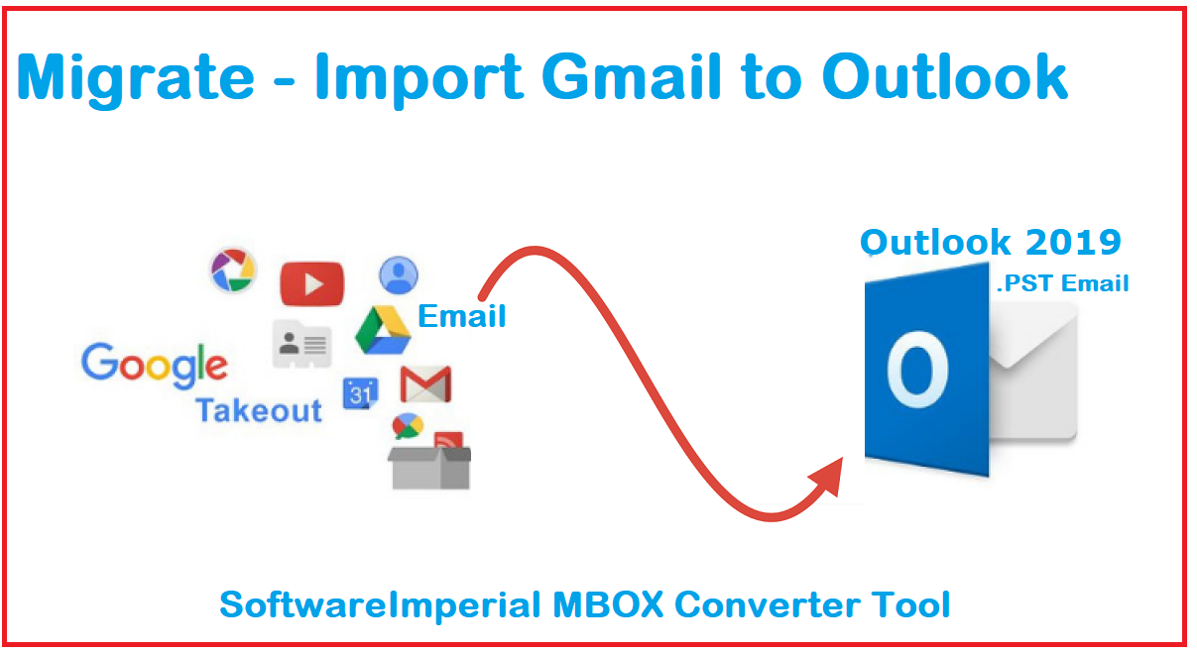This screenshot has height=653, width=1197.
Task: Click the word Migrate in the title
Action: (136, 78)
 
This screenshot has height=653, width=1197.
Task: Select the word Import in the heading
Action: (419, 79)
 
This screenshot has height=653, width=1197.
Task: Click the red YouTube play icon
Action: (312, 283)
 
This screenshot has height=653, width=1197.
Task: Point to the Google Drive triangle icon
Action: (383, 331)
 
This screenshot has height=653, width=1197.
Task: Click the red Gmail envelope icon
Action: (425, 384)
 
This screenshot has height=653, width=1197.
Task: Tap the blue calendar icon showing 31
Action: (360, 393)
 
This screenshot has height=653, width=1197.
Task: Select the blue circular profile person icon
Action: (399, 275)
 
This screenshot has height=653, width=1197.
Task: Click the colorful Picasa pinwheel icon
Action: (233, 271)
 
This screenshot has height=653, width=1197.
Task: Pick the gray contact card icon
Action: (301, 343)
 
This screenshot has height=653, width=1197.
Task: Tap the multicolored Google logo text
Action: (155, 366)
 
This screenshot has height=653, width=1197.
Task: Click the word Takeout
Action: (259, 410)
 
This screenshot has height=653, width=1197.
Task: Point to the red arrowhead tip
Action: (841, 459)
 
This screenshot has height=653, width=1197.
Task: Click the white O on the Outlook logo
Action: (917, 370)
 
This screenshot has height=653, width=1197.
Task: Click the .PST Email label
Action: (1062, 283)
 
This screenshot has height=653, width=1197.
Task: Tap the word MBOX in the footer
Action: (608, 604)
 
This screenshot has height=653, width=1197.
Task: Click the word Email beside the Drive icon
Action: (462, 316)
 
